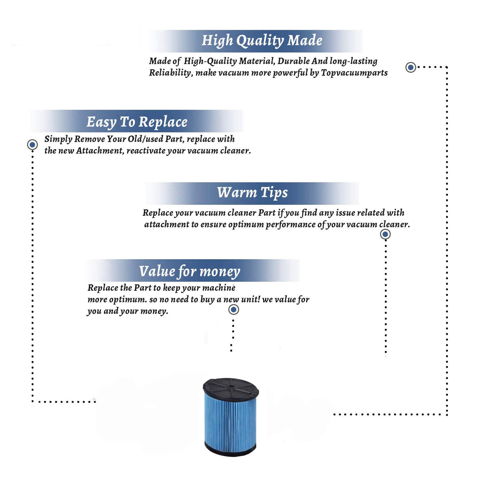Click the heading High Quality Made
click(x=262, y=41)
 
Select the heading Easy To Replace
click(x=137, y=122)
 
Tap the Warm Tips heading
click(x=252, y=193)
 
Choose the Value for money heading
click(x=189, y=271)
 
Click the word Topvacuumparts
click(x=354, y=73)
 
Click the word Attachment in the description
click(x=100, y=151)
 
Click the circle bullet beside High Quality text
click(x=411, y=67)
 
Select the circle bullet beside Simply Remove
click(x=32, y=145)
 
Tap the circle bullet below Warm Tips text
click(x=385, y=234)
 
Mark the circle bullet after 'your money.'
click(x=233, y=310)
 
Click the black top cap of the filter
click(x=231, y=388)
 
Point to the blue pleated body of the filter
click(x=230, y=422)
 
